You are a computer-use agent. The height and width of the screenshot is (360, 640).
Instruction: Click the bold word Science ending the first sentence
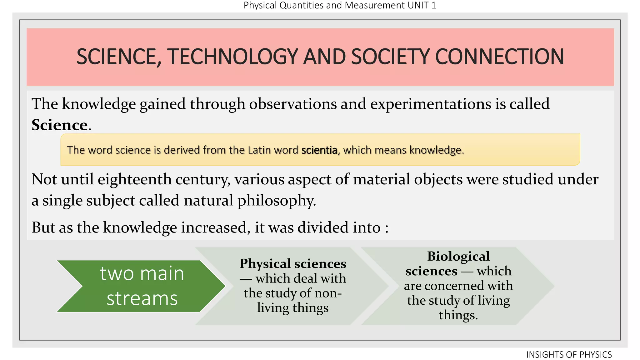pyautogui.click(x=59, y=125)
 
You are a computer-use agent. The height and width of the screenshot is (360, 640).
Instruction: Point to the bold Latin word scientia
pyautogui.click(x=319, y=150)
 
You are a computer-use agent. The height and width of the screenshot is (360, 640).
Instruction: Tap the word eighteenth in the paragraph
pyautogui.click(x=135, y=179)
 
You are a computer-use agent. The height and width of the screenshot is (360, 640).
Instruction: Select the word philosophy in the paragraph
pyautogui.click(x=276, y=201)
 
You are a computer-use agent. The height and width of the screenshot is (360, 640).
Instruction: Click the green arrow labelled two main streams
pyautogui.click(x=141, y=286)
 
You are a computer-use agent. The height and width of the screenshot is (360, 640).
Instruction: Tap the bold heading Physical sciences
pyautogui.click(x=293, y=263)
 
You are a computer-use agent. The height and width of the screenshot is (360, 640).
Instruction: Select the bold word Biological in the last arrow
pyautogui.click(x=458, y=256)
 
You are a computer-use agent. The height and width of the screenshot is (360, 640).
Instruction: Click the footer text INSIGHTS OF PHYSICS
pyautogui.click(x=569, y=355)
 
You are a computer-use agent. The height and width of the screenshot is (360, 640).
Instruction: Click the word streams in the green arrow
pyautogui.click(x=142, y=298)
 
